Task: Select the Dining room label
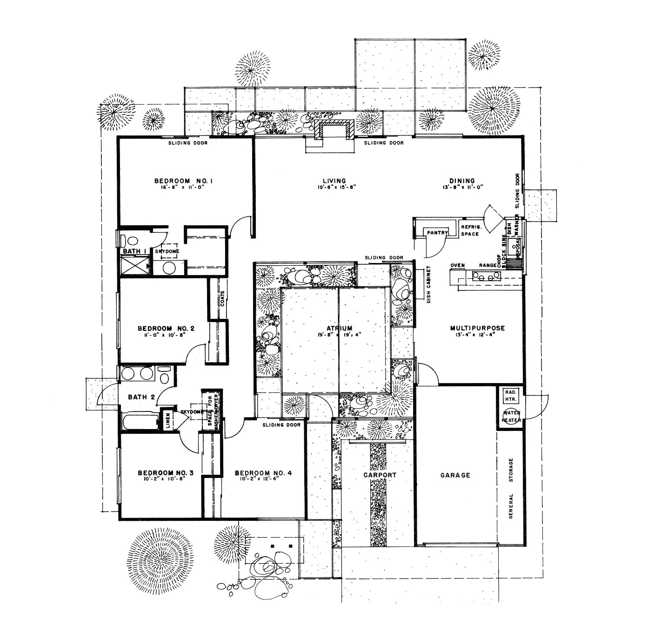462,181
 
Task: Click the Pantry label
437,233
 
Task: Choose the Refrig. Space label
470,230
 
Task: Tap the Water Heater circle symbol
511,416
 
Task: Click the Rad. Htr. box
510,396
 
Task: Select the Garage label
455,475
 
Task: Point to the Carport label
380,475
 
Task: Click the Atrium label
339,328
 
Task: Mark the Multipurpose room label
477,328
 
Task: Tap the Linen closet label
168,419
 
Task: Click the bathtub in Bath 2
140,422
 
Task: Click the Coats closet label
222,298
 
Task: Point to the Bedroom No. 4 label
263,473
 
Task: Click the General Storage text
511,488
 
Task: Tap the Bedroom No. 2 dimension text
166,335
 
